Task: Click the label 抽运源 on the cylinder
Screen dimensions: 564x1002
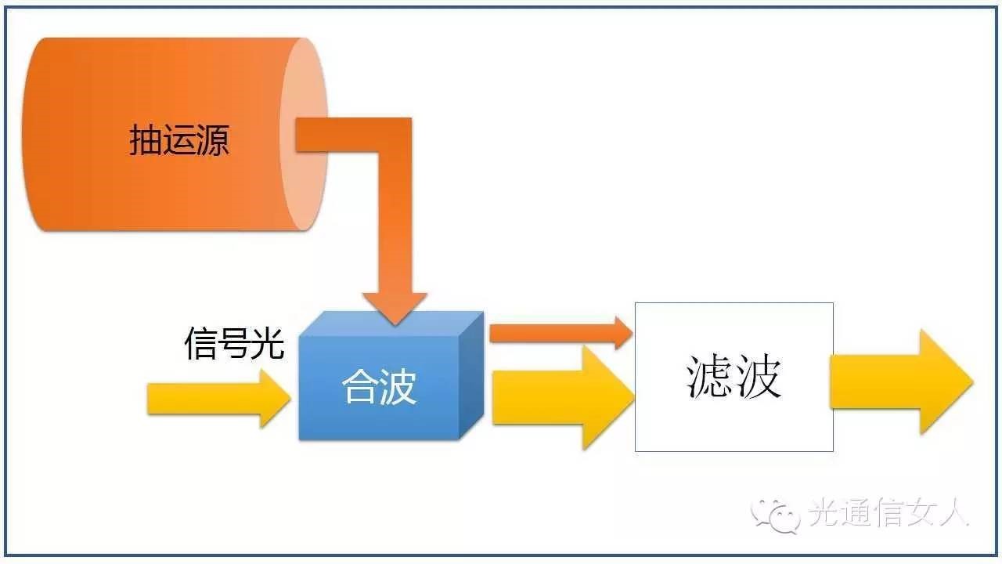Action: (x=178, y=142)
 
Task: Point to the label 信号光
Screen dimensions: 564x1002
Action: (x=234, y=343)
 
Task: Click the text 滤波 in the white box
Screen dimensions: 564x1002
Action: (x=733, y=377)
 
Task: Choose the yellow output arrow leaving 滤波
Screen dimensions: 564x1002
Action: (x=900, y=381)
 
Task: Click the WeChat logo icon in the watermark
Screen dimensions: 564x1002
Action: (x=773, y=513)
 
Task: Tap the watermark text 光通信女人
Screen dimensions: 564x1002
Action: (x=888, y=514)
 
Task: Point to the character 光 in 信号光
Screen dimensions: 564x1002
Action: (x=267, y=343)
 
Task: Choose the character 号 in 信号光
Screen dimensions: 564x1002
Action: (x=234, y=343)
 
